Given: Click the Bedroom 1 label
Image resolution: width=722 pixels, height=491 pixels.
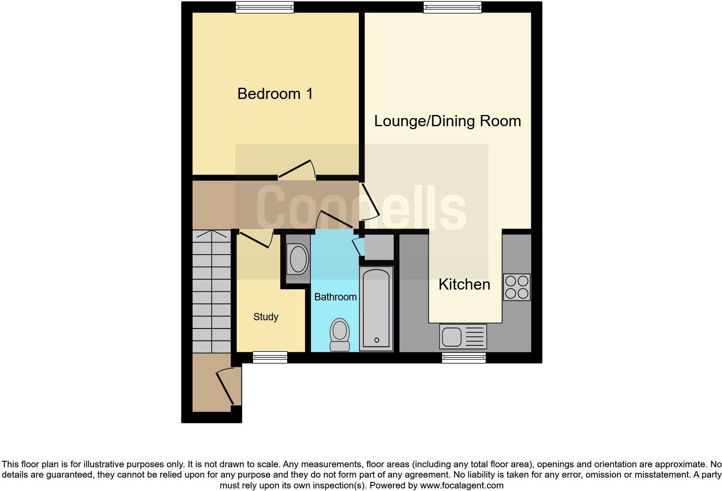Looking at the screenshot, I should pyautogui.click(x=275, y=94).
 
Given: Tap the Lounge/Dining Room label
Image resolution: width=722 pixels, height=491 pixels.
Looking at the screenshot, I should pyautogui.click(x=447, y=121).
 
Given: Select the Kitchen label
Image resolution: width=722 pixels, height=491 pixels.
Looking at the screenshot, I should pyautogui.click(x=464, y=284).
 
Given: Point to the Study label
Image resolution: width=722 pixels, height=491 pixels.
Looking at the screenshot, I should pyautogui.click(x=266, y=317).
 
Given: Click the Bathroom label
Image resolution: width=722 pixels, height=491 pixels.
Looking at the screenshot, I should pyautogui.click(x=335, y=297).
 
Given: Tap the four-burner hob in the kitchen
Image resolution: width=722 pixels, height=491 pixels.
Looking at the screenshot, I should pyautogui.click(x=516, y=287).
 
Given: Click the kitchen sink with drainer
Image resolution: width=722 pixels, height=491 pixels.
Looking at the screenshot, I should pyautogui.click(x=463, y=336).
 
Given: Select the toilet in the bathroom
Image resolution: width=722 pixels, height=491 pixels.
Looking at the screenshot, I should pyautogui.click(x=339, y=335).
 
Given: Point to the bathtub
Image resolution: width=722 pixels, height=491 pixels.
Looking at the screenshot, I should pyautogui.click(x=376, y=308).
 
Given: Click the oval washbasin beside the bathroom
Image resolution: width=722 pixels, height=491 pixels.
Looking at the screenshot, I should pyautogui.click(x=298, y=259).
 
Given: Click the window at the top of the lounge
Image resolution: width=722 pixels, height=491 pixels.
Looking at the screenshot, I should pyautogui.click(x=452, y=7).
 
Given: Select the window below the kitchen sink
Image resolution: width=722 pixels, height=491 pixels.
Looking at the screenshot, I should pyautogui.click(x=464, y=357).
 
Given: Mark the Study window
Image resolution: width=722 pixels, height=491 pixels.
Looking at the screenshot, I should pyautogui.click(x=270, y=357).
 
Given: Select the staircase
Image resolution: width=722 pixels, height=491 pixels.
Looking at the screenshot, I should pyautogui.click(x=211, y=292).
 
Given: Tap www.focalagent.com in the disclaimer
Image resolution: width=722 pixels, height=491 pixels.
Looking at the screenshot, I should pyautogui.click(x=462, y=485).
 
